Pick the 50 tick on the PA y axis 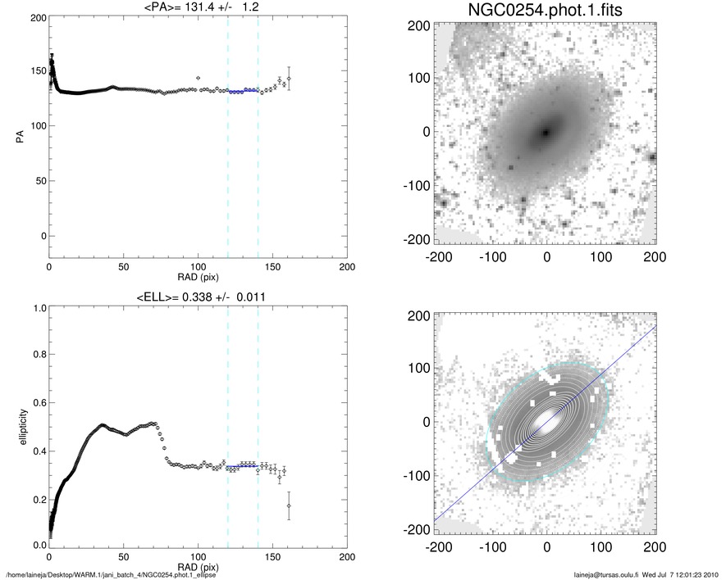tap(39, 180)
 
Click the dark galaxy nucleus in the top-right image tap(546, 132)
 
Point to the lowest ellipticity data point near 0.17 tap(289, 505)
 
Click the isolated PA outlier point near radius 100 tap(198, 78)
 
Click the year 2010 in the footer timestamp tap(712, 573)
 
